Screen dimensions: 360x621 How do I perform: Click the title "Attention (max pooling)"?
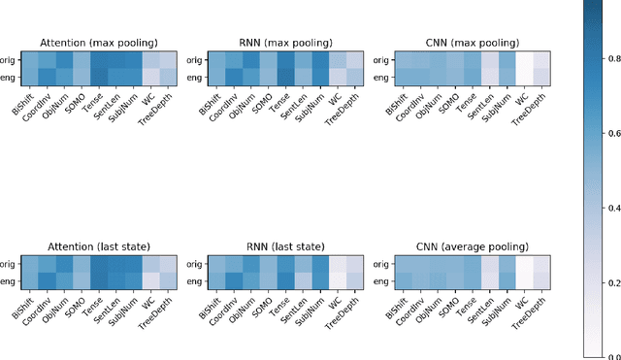tap(98, 42)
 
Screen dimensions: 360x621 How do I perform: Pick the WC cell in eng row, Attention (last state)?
tap(150, 280)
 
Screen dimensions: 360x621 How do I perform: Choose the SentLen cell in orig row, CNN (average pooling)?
tap(490, 264)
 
